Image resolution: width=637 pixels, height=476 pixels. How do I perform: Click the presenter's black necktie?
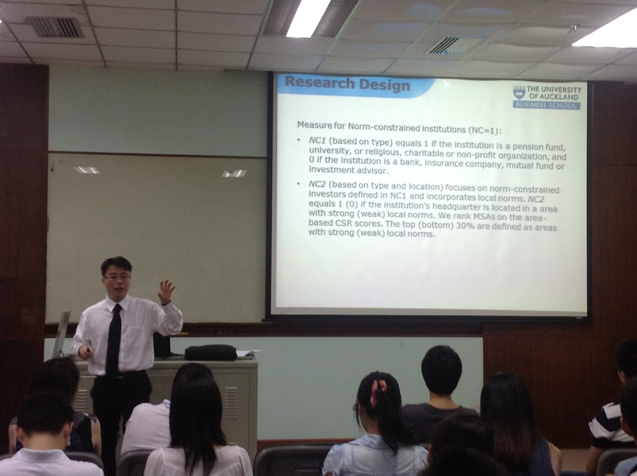tap(113, 341)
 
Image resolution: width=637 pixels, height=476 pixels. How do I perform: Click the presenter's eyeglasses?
tap(117, 277)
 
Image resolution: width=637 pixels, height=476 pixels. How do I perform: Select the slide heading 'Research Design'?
tap(347, 84)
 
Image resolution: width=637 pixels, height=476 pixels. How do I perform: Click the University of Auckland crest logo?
tap(519, 92)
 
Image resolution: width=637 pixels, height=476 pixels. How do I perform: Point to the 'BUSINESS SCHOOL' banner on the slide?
tap(546, 105)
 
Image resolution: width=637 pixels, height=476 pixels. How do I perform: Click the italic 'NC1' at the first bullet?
tap(318, 141)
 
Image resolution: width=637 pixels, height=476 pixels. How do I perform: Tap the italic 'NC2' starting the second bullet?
tap(317, 184)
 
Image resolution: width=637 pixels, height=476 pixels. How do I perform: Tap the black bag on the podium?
tap(210, 352)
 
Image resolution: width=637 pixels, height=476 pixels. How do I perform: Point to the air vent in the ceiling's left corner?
tap(55, 27)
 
